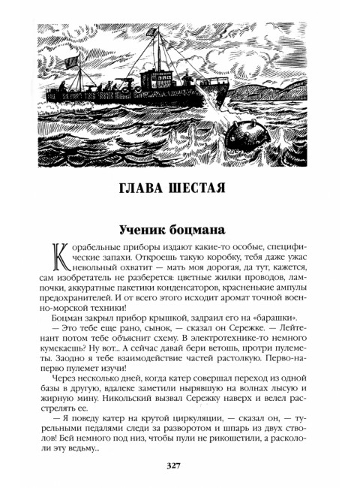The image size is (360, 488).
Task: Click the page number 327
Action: [x=179, y=466]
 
